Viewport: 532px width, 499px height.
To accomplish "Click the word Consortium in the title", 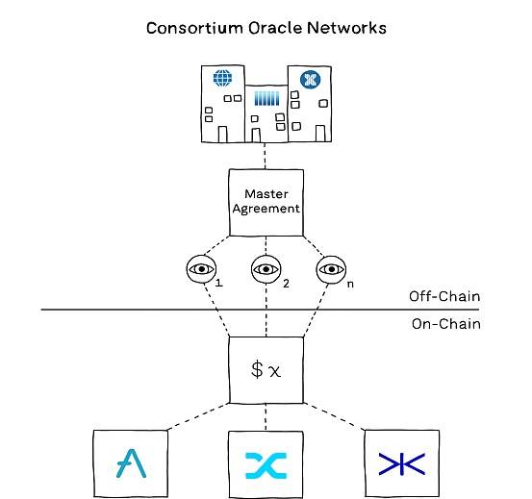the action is [x=194, y=28].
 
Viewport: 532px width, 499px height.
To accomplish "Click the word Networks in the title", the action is [x=346, y=28].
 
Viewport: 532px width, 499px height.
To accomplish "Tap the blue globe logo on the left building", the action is [x=222, y=78].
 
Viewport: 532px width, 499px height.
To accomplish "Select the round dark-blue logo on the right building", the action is [x=310, y=80].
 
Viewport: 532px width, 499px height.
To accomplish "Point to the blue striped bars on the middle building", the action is [x=267, y=98].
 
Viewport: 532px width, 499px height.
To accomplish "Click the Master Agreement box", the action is [x=266, y=202].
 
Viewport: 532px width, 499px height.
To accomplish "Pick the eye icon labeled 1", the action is [x=201, y=269].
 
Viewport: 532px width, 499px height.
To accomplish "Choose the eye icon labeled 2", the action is [x=266, y=269].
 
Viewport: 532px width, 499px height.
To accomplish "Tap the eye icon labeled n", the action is [x=331, y=269].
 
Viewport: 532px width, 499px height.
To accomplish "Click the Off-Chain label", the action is [x=444, y=297].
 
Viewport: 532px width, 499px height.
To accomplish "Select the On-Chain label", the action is [x=446, y=324].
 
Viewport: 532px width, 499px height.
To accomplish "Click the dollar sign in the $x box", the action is [x=257, y=369].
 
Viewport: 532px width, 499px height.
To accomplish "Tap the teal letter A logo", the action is [x=131, y=463].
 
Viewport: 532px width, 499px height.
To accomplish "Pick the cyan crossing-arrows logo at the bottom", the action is [x=266, y=465].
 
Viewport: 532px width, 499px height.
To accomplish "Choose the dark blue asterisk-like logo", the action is [x=402, y=463].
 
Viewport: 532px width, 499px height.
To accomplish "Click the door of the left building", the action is [x=222, y=135].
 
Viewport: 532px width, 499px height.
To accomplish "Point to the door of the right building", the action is [x=320, y=134].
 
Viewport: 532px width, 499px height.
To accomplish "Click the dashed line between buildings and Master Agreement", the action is [x=265, y=156].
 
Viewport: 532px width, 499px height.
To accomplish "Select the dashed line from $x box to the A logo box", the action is [x=198, y=416].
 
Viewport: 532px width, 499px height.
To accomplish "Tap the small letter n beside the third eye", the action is [x=350, y=284].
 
